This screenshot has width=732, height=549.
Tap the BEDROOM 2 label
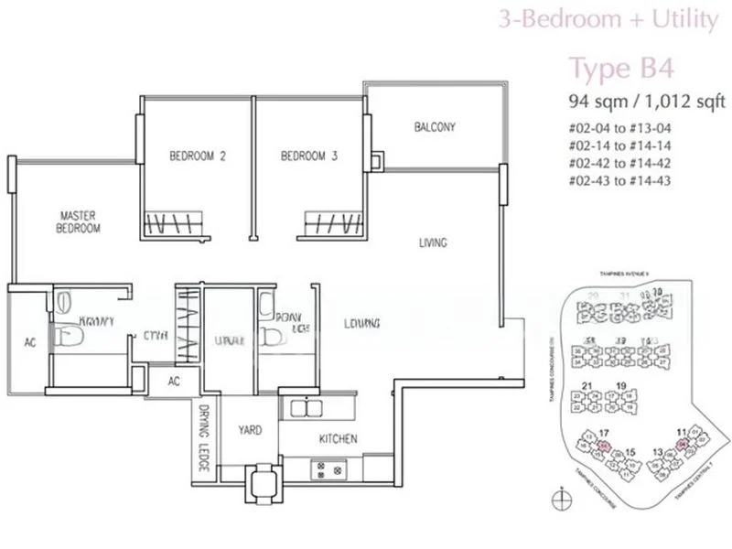coord(197,156)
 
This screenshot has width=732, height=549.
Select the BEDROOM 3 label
coord(309,156)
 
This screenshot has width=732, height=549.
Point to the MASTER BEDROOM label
coord(76,221)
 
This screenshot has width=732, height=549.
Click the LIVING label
coord(432,243)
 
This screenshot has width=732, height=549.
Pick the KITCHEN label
coord(338,439)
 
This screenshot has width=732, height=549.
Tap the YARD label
coord(251,429)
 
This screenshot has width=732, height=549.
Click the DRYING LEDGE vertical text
coord(202,439)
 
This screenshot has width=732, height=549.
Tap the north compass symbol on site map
coord(558,500)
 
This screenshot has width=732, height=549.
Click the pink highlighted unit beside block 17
coord(605,446)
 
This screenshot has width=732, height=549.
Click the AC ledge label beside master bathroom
coord(27,345)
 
